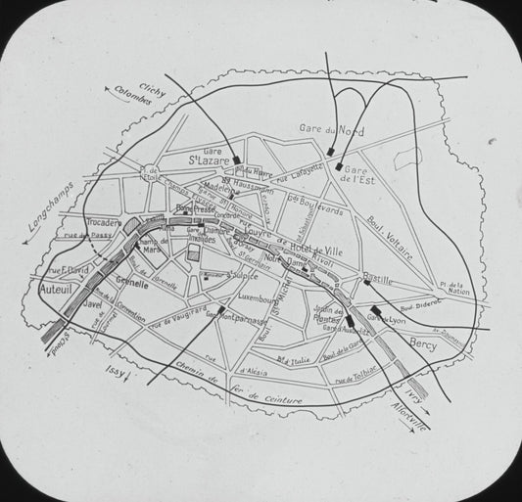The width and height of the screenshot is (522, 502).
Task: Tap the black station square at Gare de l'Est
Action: click(339, 167)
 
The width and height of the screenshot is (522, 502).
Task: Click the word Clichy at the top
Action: click(153, 89)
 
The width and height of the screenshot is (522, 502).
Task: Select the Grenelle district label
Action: click(132, 284)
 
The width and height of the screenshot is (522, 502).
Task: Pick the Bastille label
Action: click(377, 280)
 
